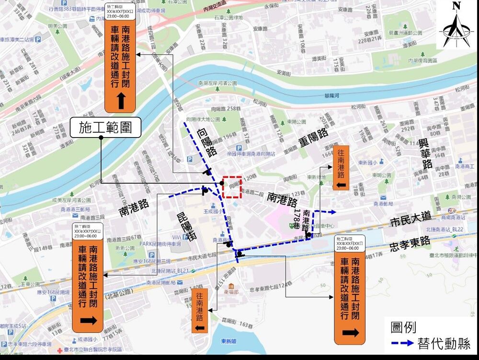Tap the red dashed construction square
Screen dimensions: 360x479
[x=232, y=187]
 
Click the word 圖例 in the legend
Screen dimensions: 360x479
[x=403, y=327]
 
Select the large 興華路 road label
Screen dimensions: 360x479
[x=424, y=153]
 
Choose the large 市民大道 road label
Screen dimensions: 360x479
[x=410, y=221]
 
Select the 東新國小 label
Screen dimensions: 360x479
[x=367, y=162]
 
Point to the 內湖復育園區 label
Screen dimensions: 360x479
[x=422, y=60]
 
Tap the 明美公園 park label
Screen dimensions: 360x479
[x=58, y=26]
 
